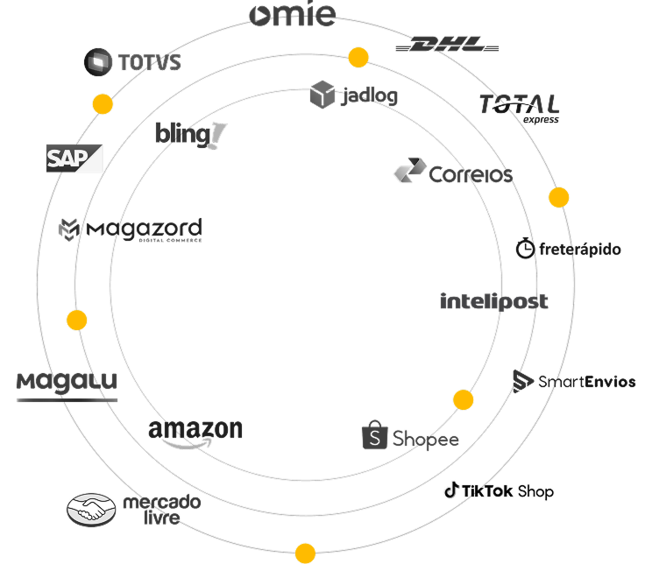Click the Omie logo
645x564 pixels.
[x=293, y=13]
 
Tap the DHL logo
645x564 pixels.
[x=447, y=44]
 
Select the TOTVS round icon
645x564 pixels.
[x=98, y=62]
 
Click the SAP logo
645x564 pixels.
[x=74, y=159]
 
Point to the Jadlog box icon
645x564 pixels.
[x=322, y=95]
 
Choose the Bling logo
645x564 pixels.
[x=191, y=135]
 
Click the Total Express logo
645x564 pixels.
[x=520, y=109]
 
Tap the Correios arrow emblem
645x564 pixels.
[x=410, y=170]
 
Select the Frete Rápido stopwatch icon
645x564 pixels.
[x=525, y=248]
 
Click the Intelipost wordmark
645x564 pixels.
[x=493, y=301]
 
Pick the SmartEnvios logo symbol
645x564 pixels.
[x=522, y=381]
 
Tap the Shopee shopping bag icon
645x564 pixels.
[x=375, y=434]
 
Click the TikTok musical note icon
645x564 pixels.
[x=451, y=490]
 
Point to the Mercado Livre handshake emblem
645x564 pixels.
[x=91, y=510]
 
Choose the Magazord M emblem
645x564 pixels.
[x=68, y=229]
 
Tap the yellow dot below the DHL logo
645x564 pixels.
[x=358, y=57]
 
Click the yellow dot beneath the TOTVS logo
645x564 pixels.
[x=103, y=104]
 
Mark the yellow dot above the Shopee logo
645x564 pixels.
[x=464, y=399]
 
